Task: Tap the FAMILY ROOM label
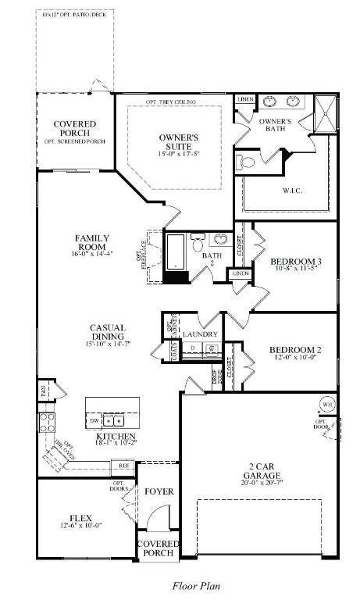tap(92, 242)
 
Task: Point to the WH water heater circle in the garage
tap(327, 405)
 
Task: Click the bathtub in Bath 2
tap(175, 252)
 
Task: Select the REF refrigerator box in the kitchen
tap(123, 466)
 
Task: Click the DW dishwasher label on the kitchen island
tap(94, 420)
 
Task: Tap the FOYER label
tap(159, 491)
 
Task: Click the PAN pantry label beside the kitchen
tap(43, 388)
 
